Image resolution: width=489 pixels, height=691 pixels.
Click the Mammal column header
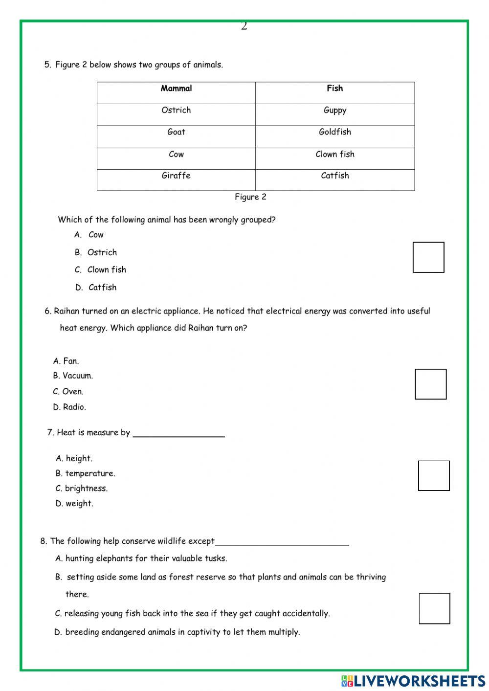point(176,89)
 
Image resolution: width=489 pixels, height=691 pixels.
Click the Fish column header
point(334,89)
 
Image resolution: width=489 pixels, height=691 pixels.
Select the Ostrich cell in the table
point(176,111)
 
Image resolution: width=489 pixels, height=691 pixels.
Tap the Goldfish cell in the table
point(334,132)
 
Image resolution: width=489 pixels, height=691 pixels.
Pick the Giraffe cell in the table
point(176,176)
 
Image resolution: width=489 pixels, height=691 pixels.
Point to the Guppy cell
point(334,111)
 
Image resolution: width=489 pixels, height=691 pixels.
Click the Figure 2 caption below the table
point(250,197)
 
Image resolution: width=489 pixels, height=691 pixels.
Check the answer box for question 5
point(428,257)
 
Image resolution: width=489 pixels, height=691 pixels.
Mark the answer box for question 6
point(431,384)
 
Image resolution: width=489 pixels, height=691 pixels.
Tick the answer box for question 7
point(434,476)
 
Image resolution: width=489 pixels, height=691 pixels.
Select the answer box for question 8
point(434,609)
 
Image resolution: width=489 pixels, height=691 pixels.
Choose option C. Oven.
point(68,392)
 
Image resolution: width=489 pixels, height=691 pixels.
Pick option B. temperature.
point(86,473)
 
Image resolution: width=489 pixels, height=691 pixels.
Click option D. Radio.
point(69,407)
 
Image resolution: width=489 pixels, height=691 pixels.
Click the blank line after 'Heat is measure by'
point(178,434)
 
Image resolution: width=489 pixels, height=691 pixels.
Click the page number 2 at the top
point(244,26)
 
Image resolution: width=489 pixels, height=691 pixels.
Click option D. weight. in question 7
point(74,504)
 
